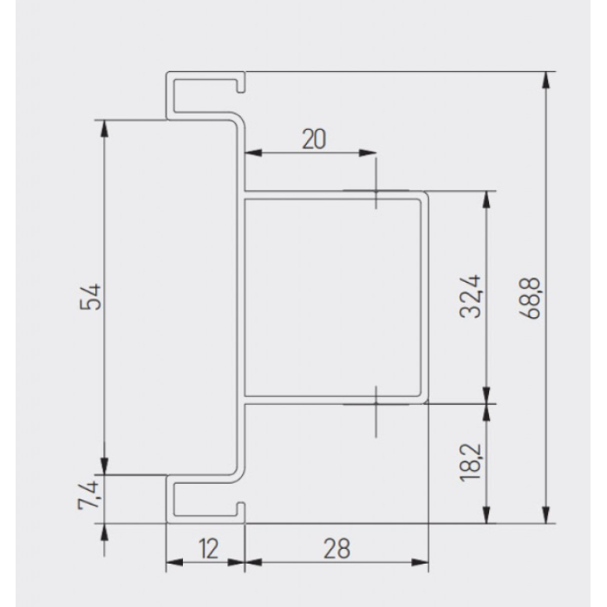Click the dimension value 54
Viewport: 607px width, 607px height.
tap(90, 297)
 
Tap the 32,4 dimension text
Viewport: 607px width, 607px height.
tap(470, 297)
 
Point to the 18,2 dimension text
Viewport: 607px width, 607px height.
tap(470, 462)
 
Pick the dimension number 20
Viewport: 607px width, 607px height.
tap(314, 140)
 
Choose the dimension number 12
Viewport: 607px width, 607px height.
tap(209, 549)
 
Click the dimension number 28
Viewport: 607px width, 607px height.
tap(336, 549)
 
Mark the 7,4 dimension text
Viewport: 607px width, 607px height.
tap(89, 495)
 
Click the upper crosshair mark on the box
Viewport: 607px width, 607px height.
tap(375, 191)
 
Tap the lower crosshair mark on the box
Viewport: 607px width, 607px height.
tap(375, 404)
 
